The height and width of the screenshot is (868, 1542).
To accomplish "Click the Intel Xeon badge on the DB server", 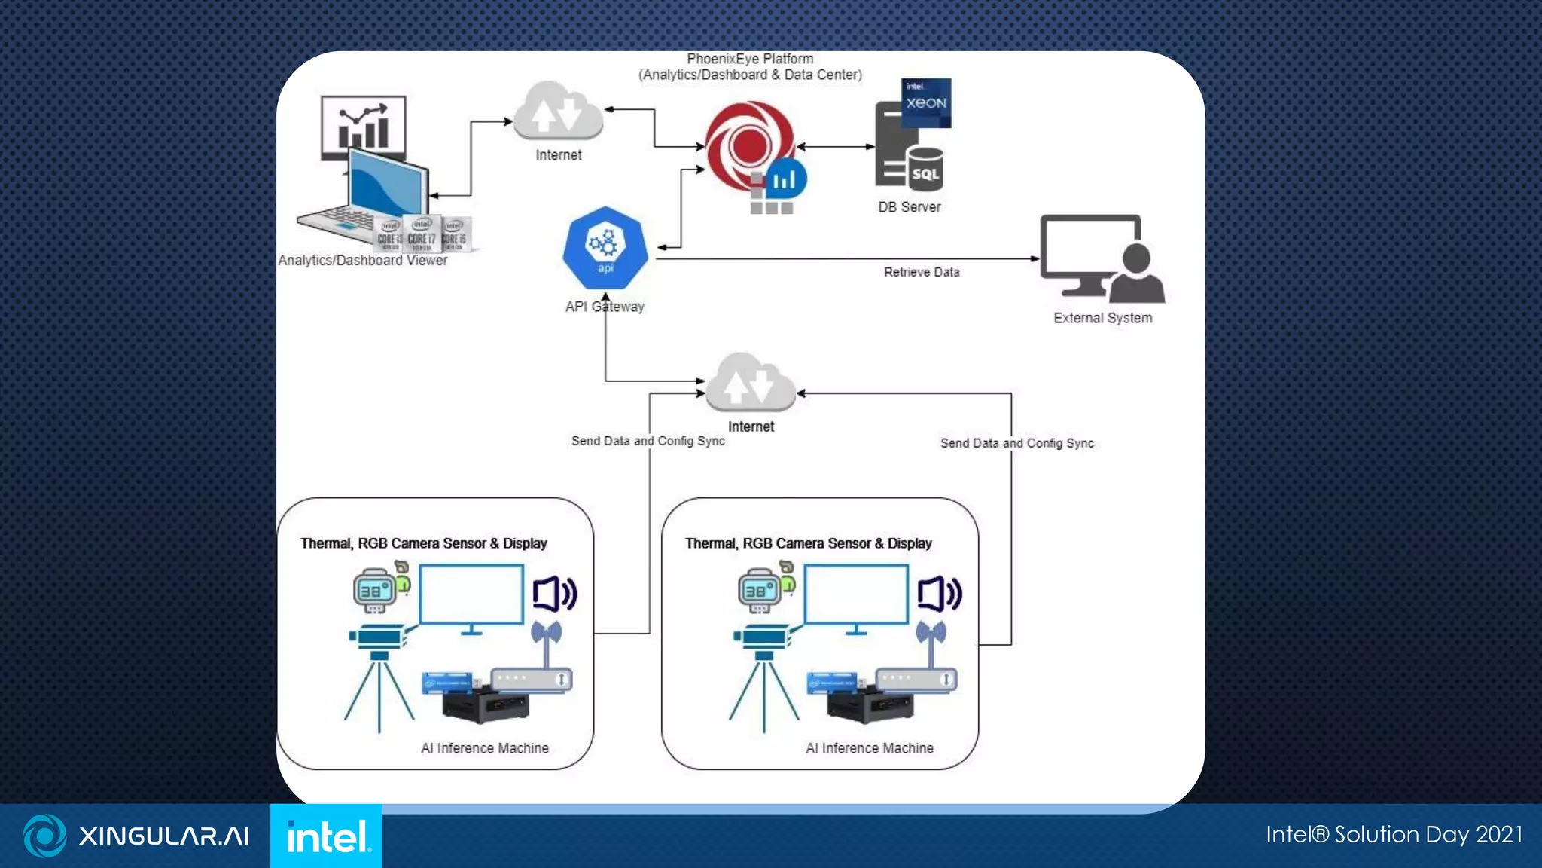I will click(926, 102).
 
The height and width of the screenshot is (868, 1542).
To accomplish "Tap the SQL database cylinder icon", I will click(925, 170).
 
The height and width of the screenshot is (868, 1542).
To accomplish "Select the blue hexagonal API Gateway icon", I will click(605, 247).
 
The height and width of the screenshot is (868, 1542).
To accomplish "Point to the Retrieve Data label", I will click(922, 272).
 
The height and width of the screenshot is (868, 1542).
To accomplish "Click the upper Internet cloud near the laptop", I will click(559, 113).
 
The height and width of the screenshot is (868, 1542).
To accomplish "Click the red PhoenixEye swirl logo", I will click(748, 145).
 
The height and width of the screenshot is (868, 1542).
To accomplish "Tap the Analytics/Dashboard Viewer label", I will click(362, 260).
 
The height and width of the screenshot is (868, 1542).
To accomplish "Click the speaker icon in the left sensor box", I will click(555, 594).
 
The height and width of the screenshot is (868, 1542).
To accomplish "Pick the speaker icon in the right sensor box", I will click(940, 594).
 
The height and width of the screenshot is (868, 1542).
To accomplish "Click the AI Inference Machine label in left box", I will click(485, 748).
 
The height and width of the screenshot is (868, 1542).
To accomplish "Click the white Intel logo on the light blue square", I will click(327, 836).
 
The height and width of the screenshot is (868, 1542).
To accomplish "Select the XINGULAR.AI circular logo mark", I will click(45, 836).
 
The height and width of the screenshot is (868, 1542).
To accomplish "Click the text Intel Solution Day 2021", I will click(1394, 835).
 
